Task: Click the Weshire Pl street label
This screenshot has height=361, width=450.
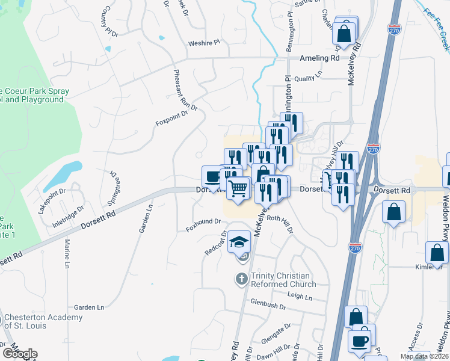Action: click(205, 43)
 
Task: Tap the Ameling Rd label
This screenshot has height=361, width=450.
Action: click(320, 58)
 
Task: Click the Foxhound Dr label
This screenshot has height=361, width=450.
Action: click(203, 221)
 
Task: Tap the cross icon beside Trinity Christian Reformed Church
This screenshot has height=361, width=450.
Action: click(241, 279)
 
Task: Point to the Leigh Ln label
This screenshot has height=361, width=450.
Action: click(300, 296)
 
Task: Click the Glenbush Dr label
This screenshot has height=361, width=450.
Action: click(268, 305)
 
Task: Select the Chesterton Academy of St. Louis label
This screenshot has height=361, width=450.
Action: click(43, 322)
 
